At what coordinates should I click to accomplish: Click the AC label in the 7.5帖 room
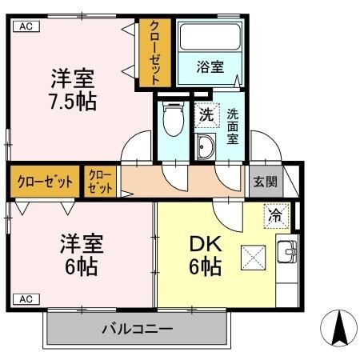(24, 26)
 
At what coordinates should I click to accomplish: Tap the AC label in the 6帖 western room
(24, 299)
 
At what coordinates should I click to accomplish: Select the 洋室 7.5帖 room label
(73, 90)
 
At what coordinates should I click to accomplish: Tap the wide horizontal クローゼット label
(45, 182)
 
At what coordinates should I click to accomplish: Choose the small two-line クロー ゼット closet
(101, 182)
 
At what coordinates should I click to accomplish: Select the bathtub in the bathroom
(210, 37)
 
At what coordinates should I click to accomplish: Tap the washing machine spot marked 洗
(206, 114)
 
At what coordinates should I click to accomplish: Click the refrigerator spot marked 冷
(274, 214)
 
